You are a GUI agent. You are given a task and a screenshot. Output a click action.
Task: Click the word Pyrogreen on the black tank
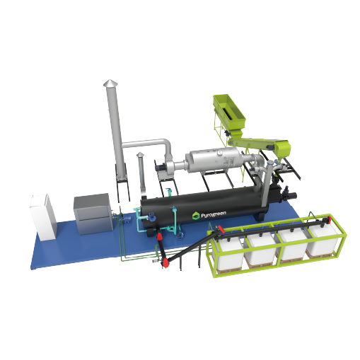[x=214, y=214]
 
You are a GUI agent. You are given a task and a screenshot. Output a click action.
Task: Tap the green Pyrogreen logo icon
[x=196, y=216]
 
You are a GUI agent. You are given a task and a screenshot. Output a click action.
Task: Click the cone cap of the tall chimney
[x=109, y=83]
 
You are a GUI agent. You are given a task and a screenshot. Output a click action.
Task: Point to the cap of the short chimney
[x=140, y=154]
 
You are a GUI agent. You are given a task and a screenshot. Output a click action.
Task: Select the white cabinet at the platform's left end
[x=43, y=216]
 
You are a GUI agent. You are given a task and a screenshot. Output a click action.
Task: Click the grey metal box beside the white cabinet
[x=94, y=214]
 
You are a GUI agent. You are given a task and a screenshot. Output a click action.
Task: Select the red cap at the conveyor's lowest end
[x=166, y=261]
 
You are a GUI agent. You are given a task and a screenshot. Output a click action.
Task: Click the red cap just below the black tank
[x=160, y=236]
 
